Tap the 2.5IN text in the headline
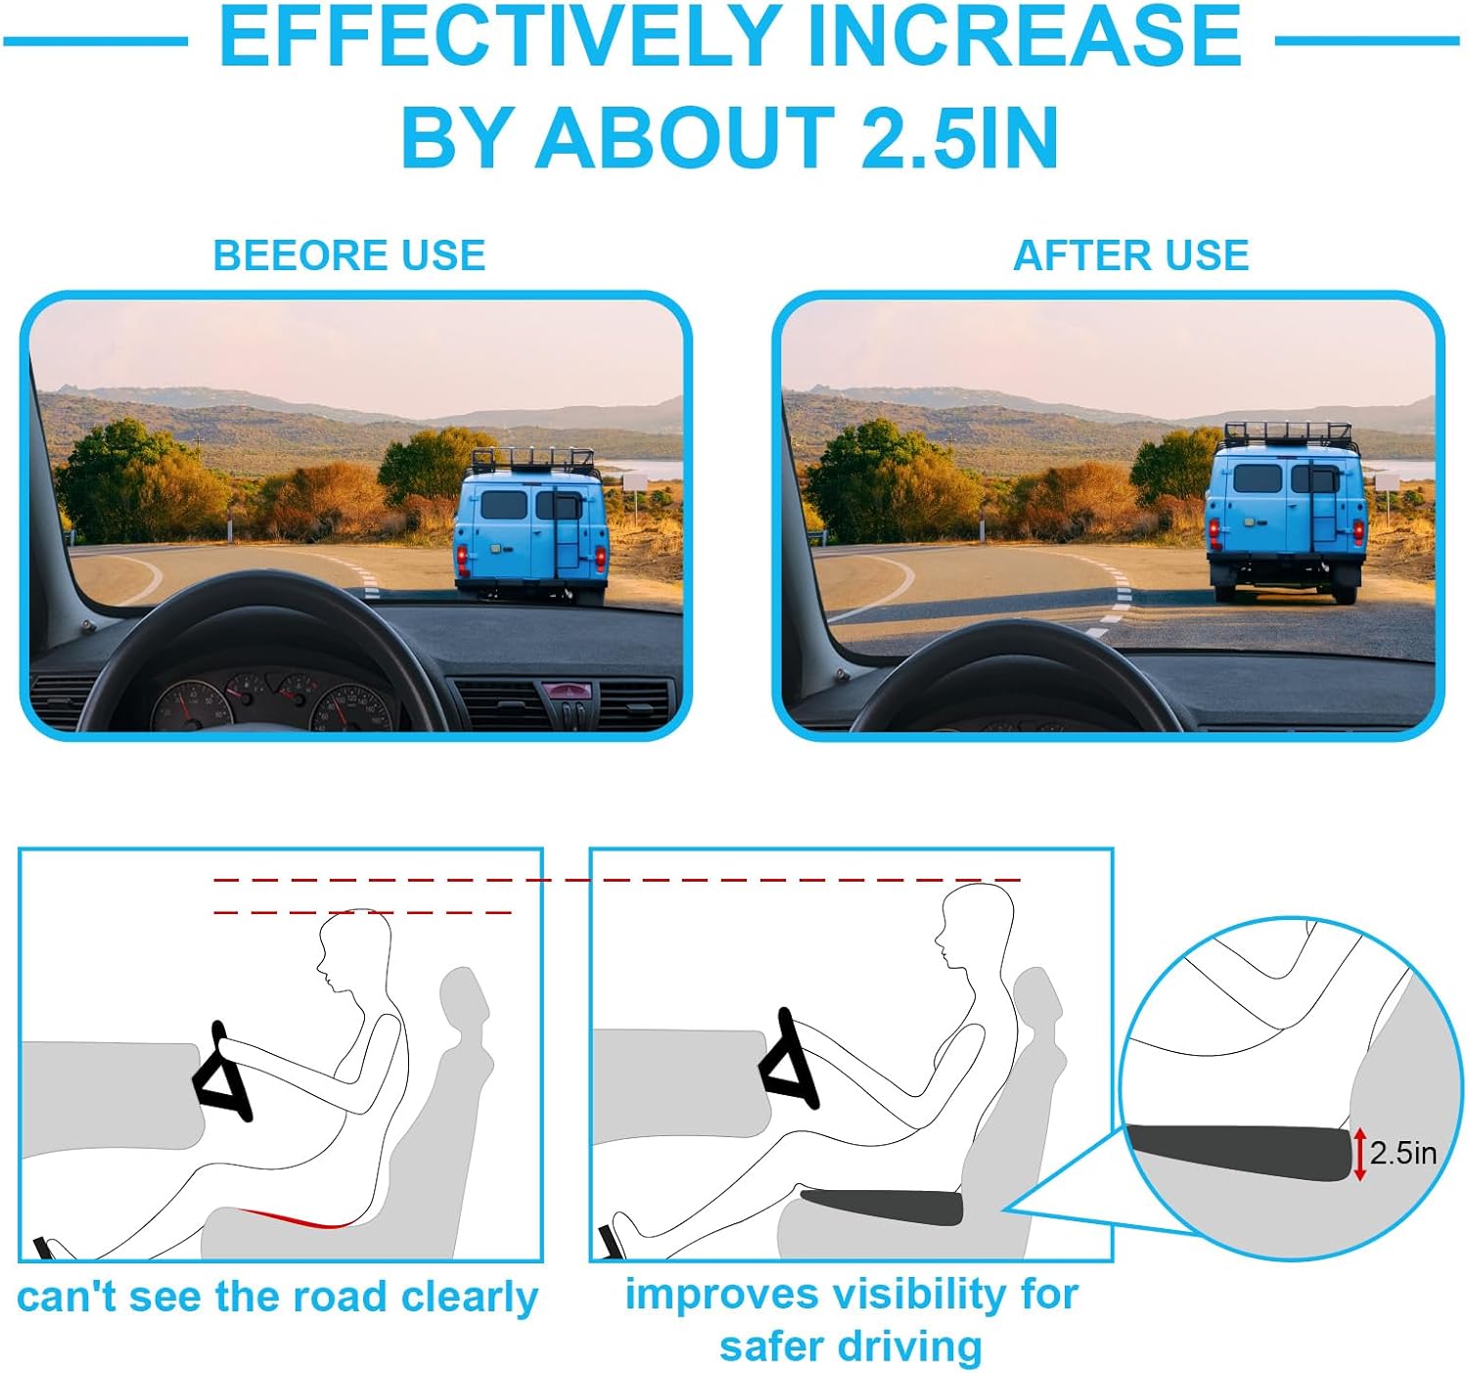960,136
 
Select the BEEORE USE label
348,255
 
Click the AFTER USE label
1131,255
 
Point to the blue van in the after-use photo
1285,513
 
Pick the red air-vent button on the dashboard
567,690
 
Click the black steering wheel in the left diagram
222,1075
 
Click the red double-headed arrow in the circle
1358,1154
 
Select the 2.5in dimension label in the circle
1402,1154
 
